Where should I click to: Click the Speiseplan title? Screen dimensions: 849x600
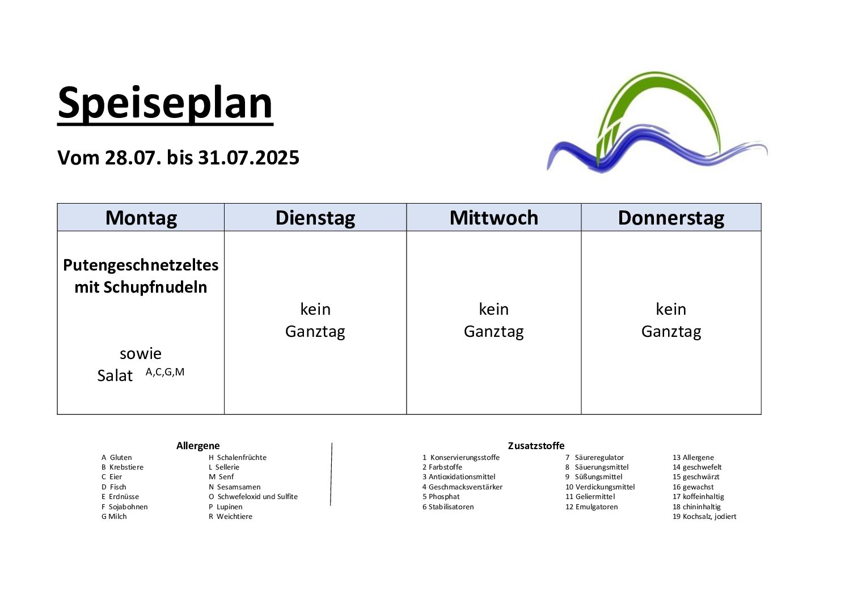[x=165, y=104]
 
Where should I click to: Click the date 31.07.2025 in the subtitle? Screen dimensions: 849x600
[x=248, y=158]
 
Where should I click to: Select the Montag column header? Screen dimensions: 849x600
[x=141, y=218]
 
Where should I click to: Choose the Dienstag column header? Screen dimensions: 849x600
[x=315, y=218]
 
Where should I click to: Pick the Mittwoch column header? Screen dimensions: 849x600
[x=494, y=218]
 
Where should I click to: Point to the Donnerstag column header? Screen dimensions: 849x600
[x=671, y=218]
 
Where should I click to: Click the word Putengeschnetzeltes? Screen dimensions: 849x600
[x=141, y=265]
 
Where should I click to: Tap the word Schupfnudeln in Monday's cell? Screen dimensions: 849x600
[x=155, y=288]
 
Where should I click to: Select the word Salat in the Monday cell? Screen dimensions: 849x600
[x=115, y=375]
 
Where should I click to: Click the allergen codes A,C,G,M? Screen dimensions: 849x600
[x=165, y=372]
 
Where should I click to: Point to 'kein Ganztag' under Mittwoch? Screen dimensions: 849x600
[x=494, y=320]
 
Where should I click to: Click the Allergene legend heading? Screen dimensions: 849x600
[x=198, y=446]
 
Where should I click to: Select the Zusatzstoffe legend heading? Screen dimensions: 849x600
[x=536, y=446]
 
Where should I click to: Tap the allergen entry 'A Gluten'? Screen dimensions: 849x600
[x=117, y=458]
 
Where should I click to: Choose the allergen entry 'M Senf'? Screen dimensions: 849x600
[x=221, y=477]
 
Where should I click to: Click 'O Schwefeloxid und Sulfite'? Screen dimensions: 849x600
[x=253, y=497]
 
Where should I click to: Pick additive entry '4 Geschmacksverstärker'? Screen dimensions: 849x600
[x=462, y=487]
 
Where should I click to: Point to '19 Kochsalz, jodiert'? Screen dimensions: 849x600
[x=704, y=516]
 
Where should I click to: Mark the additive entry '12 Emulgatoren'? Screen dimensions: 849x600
[x=592, y=507]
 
